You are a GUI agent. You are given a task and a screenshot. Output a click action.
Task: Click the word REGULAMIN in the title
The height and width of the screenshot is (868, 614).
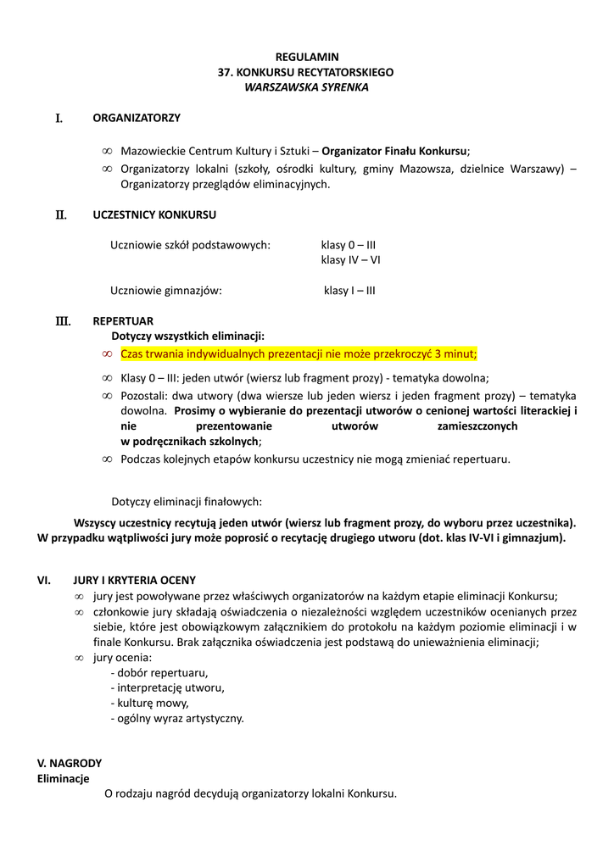tap(306, 57)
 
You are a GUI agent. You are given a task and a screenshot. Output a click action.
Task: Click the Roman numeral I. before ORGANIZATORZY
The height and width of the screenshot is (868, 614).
tap(59, 119)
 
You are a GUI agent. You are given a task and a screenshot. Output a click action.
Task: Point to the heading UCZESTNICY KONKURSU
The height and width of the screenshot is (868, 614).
tap(154, 214)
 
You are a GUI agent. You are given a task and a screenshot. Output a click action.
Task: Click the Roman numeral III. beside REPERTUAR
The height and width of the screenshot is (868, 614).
tap(63, 322)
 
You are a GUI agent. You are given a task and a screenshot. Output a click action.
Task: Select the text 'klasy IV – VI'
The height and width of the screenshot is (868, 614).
tap(350, 260)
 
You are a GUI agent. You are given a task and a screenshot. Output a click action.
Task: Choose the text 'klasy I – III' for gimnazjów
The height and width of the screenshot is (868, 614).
tap(349, 291)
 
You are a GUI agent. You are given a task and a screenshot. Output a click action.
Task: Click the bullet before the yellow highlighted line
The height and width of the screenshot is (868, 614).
tap(107, 353)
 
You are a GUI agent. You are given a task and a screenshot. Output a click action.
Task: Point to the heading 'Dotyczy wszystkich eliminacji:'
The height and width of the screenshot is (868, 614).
tap(194, 336)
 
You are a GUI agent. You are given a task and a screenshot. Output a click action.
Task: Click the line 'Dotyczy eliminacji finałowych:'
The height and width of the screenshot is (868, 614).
tap(187, 502)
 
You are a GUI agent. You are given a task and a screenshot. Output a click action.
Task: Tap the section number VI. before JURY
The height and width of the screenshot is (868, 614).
tap(45, 581)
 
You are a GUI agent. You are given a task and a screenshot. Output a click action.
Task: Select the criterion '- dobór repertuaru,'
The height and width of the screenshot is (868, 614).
tap(159, 673)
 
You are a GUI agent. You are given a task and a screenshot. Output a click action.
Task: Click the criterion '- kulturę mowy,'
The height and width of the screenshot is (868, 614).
tap(150, 704)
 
